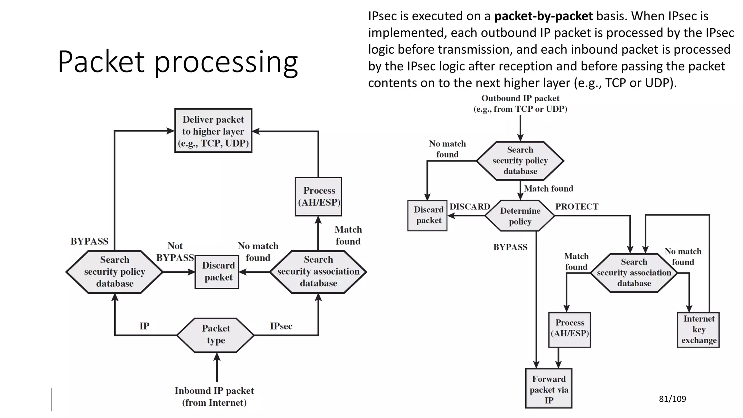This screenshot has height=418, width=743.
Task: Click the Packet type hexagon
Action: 215,335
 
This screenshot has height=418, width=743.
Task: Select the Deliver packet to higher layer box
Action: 213,131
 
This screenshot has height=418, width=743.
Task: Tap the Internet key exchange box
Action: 698,329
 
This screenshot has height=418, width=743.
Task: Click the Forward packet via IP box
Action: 549,389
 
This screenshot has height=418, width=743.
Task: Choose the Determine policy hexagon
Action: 520,216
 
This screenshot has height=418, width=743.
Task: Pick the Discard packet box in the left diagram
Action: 217,272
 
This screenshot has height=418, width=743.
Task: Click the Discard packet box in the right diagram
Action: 428,215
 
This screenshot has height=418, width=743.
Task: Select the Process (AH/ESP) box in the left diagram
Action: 318,197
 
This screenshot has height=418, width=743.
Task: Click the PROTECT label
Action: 576,207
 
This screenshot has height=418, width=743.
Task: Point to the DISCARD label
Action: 469,207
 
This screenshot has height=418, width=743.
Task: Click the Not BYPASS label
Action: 175,252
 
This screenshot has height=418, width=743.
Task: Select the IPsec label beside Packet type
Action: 281,326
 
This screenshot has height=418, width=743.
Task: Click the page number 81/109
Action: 672,399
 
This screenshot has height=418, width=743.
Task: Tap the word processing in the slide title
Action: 226,62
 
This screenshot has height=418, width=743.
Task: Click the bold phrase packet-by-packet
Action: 543,16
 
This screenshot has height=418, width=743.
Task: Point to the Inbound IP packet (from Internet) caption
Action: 214,396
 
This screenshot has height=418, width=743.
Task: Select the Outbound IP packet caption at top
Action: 520,103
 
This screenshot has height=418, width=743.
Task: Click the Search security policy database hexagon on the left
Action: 115,272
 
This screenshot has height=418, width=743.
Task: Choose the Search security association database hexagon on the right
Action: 634,272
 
